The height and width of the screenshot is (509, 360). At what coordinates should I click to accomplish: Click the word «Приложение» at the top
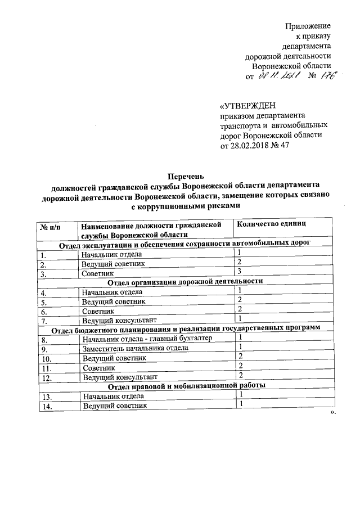click(308, 26)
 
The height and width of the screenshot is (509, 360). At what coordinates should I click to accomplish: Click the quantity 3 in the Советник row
click(239, 272)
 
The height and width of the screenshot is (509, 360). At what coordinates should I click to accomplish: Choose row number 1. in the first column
click(43, 254)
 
